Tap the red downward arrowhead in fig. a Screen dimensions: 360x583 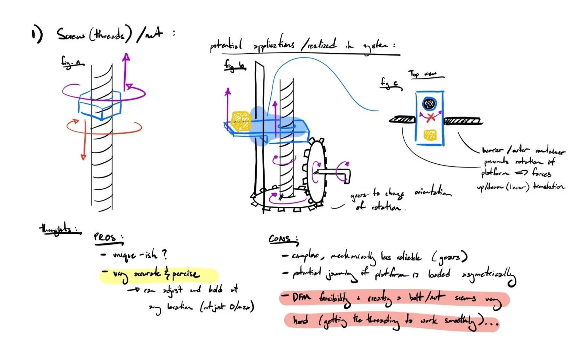pos(83,156)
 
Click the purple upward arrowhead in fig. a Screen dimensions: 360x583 pos(126,58)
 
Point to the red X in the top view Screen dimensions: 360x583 pos(431,117)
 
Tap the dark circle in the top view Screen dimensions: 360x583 pos(430,103)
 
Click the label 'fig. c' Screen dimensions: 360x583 pos(391,83)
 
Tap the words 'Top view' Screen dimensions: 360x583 pos(425,74)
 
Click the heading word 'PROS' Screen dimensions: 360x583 pos(105,237)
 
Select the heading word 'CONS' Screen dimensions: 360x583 pos(280,239)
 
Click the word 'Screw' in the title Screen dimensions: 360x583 pos(71,35)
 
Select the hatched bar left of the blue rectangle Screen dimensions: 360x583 pos(402,120)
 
